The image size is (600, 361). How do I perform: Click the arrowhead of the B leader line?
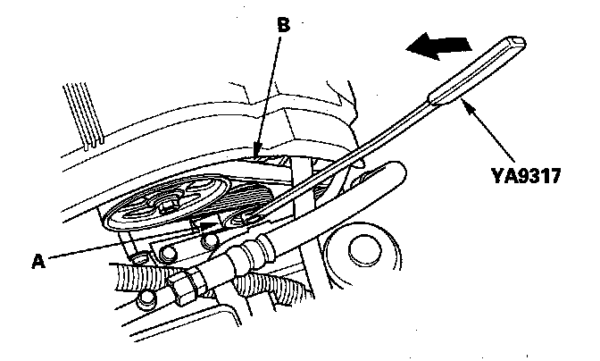tap(257, 153)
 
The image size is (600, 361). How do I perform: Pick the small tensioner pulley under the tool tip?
tap(245, 220)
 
